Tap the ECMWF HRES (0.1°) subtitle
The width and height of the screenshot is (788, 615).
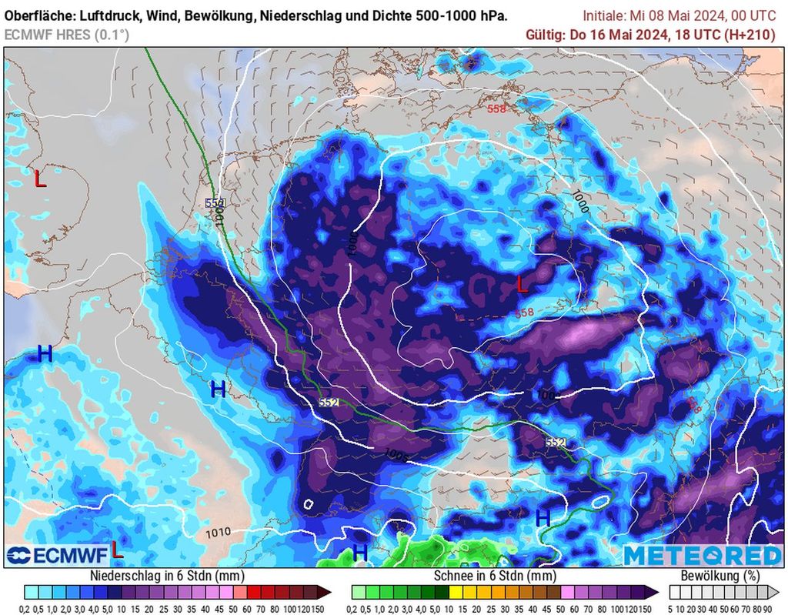(x=67, y=35)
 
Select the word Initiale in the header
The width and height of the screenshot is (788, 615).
(x=607, y=15)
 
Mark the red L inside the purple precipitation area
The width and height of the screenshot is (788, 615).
(x=523, y=286)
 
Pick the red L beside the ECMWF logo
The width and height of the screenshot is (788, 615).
(x=116, y=550)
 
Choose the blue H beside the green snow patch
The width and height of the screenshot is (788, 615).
(x=359, y=553)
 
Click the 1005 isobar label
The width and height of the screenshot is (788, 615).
(x=397, y=455)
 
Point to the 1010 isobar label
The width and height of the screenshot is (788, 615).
(x=218, y=532)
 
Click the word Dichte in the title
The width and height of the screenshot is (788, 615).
(x=405, y=15)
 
